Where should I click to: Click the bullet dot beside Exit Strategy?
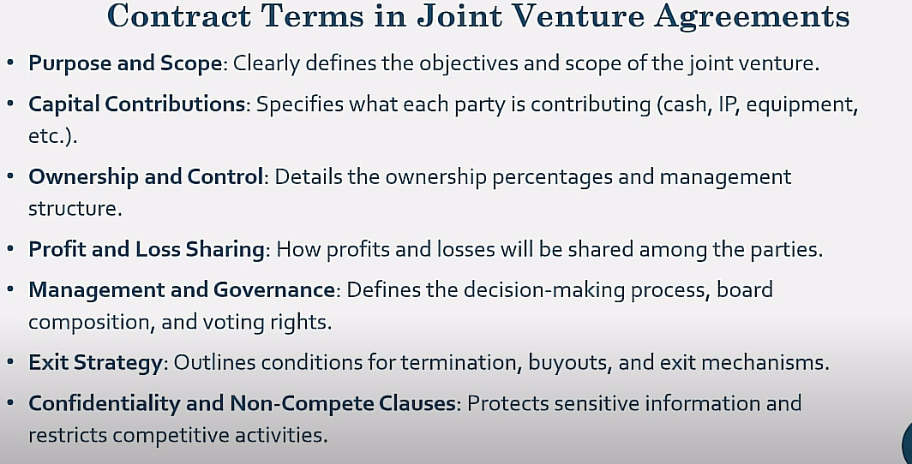tap(10, 362)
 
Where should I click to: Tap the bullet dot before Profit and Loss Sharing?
tap(10, 249)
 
